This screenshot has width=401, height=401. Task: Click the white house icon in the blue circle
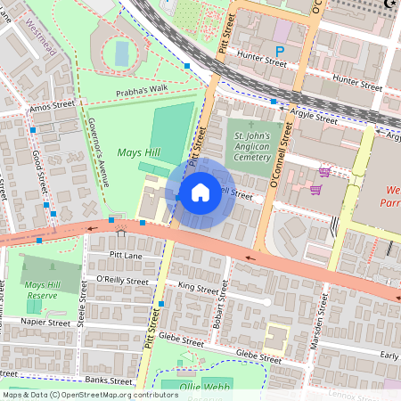click(x=200, y=192)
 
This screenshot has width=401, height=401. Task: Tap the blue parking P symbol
click(x=281, y=53)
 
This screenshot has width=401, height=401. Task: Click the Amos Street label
click(x=53, y=105)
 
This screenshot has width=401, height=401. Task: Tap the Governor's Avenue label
click(x=99, y=151)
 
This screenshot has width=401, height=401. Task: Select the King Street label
click(x=198, y=288)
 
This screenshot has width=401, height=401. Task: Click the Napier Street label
click(x=46, y=323)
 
